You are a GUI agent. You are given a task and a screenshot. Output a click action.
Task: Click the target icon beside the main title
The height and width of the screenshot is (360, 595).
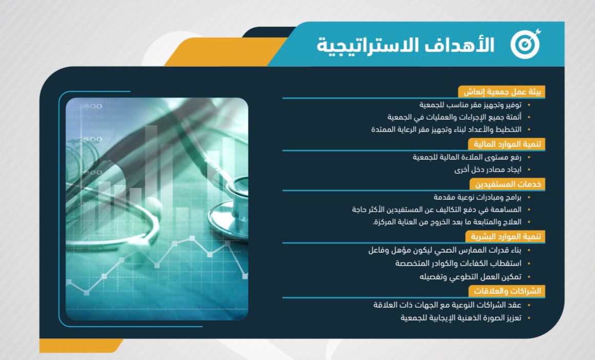[x=526, y=44]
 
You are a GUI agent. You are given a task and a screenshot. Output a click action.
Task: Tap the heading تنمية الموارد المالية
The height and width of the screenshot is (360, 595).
[x=507, y=144]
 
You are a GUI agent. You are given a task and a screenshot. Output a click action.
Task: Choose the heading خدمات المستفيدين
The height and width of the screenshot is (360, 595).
[x=508, y=184]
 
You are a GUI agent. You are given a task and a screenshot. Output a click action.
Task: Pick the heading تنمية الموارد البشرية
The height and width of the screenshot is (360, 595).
[x=506, y=237]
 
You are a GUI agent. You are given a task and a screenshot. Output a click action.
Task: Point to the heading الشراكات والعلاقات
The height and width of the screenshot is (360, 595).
[x=507, y=291]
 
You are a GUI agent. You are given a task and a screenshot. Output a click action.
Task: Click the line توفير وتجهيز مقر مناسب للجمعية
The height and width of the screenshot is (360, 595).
[x=470, y=105]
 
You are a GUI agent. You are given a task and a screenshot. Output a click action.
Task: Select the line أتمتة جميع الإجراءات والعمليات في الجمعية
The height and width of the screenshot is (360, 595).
[x=454, y=117]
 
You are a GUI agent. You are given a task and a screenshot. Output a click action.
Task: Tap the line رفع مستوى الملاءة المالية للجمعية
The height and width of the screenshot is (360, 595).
[x=467, y=157]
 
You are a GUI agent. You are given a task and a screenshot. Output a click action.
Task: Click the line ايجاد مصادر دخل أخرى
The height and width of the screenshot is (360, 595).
[x=488, y=169]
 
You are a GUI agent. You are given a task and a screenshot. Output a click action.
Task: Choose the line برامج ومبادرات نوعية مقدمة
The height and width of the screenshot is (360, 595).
[x=477, y=198]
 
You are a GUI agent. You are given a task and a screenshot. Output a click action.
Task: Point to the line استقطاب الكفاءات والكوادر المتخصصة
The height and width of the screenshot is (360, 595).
[x=458, y=263]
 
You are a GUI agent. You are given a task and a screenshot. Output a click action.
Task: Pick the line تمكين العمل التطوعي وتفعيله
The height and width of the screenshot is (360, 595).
[x=471, y=277]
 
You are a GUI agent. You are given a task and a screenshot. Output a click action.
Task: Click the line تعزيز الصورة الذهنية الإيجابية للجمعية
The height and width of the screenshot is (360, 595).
[x=461, y=317]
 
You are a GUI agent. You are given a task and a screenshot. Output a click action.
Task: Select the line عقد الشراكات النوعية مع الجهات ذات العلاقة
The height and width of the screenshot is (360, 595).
[x=447, y=305]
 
